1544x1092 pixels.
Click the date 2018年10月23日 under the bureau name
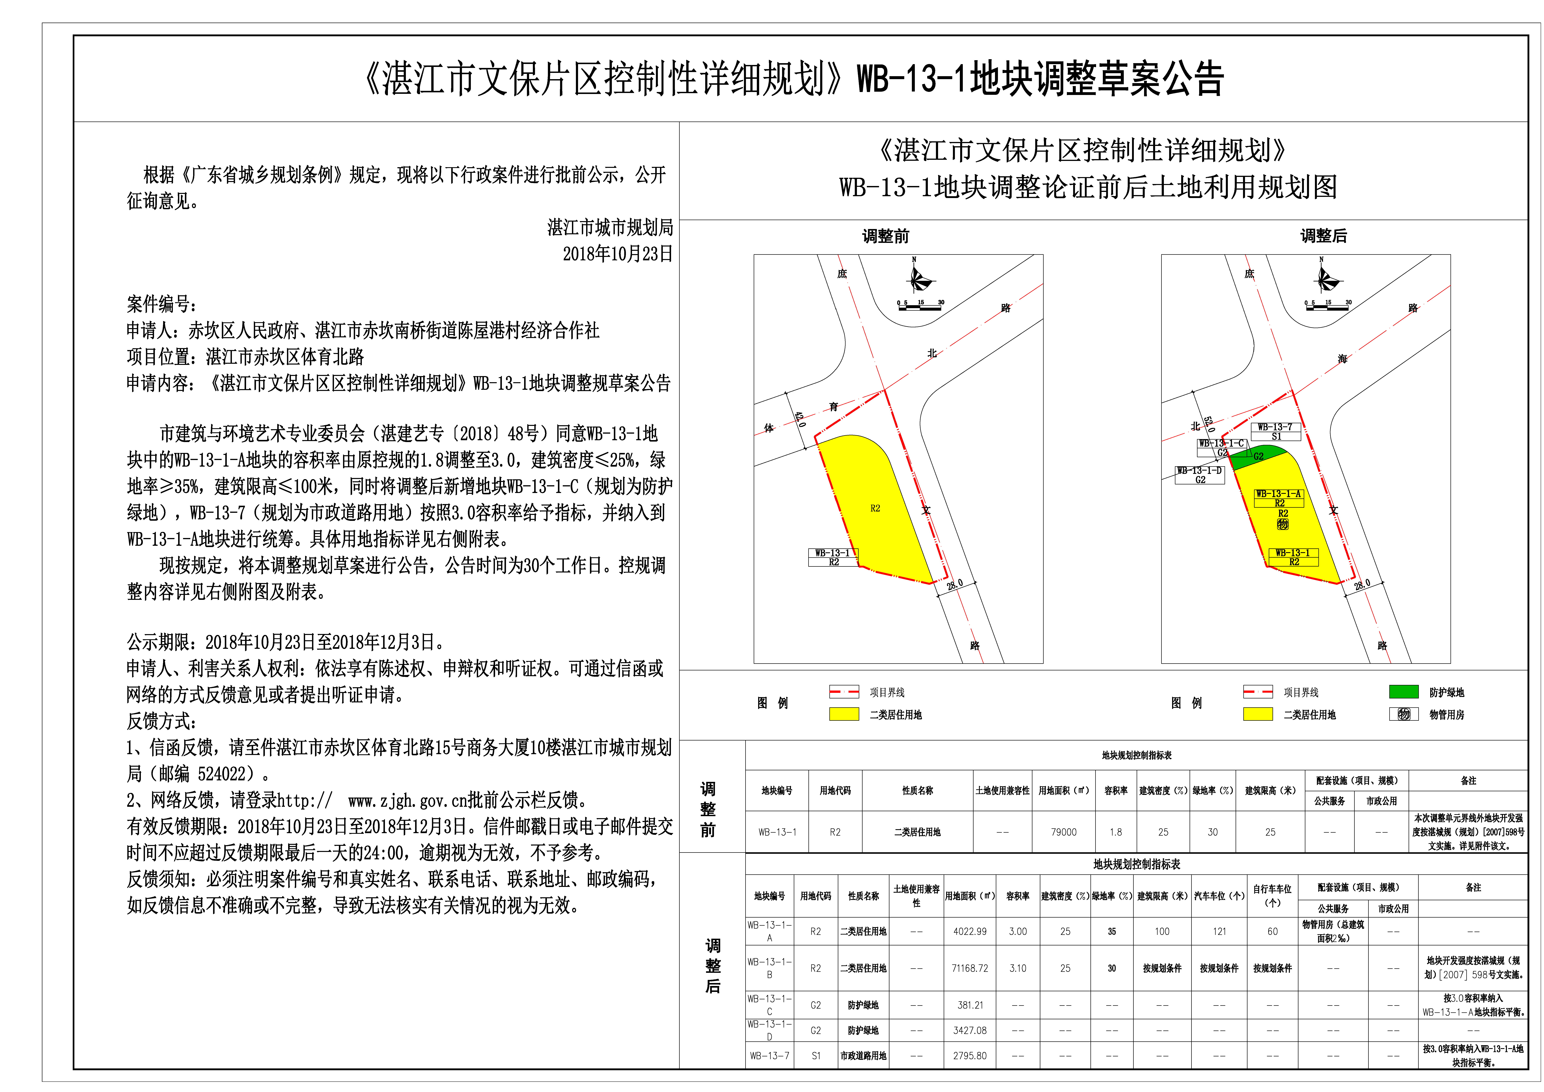tap(617, 254)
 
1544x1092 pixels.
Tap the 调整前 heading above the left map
tap(886, 236)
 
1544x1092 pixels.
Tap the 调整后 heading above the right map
tap(1323, 236)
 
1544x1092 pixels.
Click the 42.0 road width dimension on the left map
tap(800, 420)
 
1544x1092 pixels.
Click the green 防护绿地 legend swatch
tap(1403, 692)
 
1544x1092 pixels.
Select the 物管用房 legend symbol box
tap(1403, 714)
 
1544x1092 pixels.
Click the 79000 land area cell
tap(1064, 832)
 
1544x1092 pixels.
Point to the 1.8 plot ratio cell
tap(1116, 832)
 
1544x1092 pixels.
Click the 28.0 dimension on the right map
tap(1362, 585)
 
